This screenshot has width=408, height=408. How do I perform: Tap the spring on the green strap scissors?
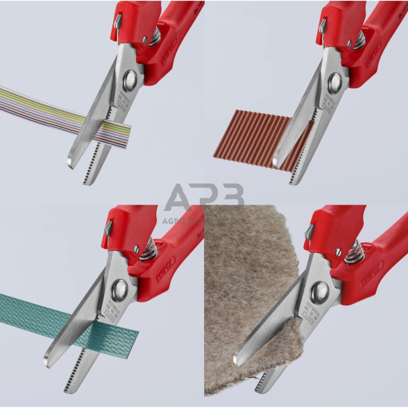point(146,246)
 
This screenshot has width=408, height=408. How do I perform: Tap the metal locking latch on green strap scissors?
point(108,227)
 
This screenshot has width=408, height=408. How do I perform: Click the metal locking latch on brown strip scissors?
point(321,26)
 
